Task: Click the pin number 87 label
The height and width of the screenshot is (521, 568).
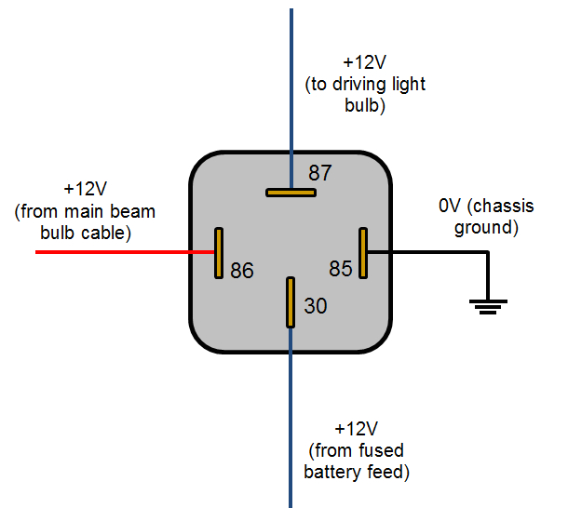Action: point(320,173)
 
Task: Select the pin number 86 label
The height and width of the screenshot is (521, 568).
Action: point(242,271)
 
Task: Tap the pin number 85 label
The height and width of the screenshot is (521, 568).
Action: point(341,269)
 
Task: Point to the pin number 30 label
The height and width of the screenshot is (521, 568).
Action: point(316,305)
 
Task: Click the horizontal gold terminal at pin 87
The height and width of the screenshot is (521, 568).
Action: point(291,193)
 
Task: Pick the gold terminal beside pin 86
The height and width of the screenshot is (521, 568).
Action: point(219,252)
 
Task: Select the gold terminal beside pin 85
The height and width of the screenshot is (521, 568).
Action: point(363,252)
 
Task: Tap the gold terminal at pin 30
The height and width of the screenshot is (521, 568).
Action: point(291,301)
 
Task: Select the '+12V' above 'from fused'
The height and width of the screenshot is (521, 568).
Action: point(356,429)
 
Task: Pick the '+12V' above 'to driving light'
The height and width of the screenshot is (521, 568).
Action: point(364,62)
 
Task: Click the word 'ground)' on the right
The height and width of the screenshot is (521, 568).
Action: point(484,227)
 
